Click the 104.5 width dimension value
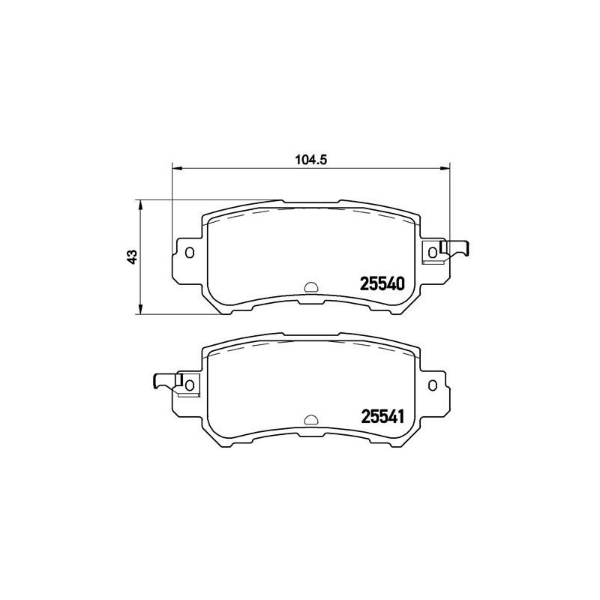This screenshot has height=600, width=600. coord(310,159)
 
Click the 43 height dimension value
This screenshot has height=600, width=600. coord(133,256)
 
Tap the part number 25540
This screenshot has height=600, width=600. coord(382,283)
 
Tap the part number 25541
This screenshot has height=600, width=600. coord(382,416)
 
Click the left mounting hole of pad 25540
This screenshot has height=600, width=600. coord(190,253)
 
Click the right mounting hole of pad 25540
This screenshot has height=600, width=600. coord(433,252)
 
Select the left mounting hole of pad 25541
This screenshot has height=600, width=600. coord(190,385)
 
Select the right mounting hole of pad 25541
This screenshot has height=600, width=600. coord(433,385)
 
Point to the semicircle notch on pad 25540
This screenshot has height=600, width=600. coord(311,288)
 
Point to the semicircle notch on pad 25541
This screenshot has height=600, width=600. coord(311,420)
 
